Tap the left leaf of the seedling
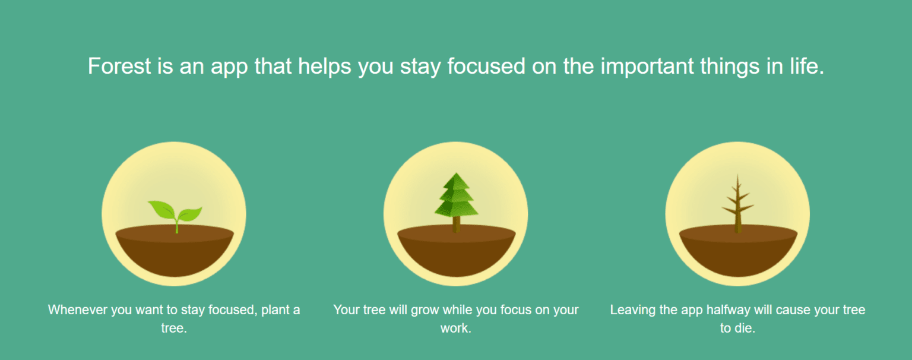pyautogui.click(x=160, y=209)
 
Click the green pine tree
pyautogui.click(x=455, y=196)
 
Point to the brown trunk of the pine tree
pyautogui.click(x=456, y=225)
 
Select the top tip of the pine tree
pyautogui.click(x=455, y=175)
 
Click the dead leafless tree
pyautogui.click(x=737, y=205)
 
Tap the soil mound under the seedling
pyautogui.click(x=174, y=252)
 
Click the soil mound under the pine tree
pyautogui.click(x=455, y=252)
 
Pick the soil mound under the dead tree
pyautogui.click(x=737, y=252)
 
